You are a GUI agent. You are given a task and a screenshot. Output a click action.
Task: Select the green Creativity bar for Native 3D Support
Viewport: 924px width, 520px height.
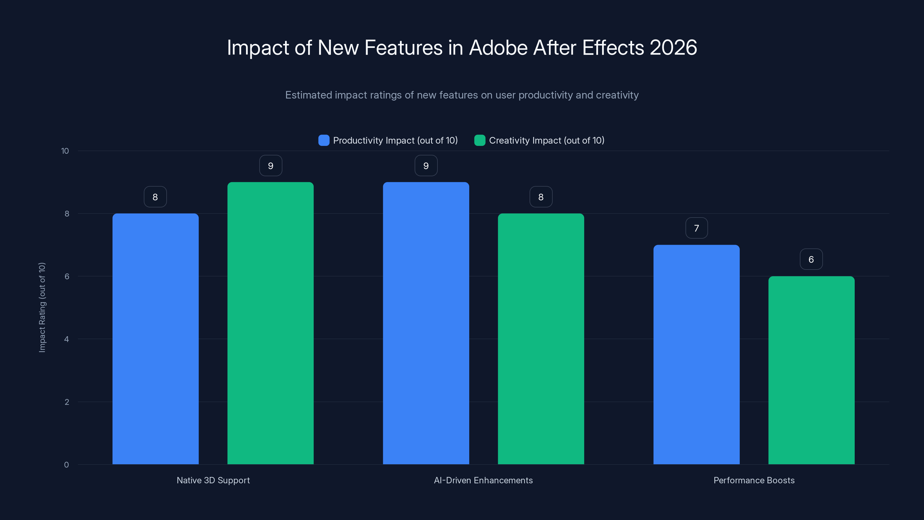pyautogui.click(x=271, y=323)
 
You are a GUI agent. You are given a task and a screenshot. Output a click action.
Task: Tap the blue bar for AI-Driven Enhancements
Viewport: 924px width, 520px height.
pyautogui.click(x=426, y=323)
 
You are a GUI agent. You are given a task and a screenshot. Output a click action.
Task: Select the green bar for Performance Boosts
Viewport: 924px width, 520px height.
pyautogui.click(x=811, y=370)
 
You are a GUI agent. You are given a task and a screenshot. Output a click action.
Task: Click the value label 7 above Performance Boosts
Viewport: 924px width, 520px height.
pyautogui.click(x=696, y=228)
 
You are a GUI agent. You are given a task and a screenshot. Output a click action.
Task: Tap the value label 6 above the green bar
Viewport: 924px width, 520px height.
pyautogui.click(x=811, y=259)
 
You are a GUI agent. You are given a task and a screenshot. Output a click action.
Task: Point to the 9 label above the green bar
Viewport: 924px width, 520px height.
pyautogui.click(x=271, y=166)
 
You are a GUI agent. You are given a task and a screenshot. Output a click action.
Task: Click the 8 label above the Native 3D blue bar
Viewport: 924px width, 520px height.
pyautogui.click(x=155, y=197)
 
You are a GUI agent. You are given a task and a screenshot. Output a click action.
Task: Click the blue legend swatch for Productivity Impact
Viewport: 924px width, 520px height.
pyautogui.click(x=323, y=140)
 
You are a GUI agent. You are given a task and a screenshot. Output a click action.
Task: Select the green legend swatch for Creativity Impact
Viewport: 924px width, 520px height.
pyautogui.click(x=480, y=140)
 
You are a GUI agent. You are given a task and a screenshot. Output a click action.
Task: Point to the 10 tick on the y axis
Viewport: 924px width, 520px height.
pyautogui.click(x=65, y=151)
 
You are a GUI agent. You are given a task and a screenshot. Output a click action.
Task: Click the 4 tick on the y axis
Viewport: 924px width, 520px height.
pyautogui.click(x=66, y=339)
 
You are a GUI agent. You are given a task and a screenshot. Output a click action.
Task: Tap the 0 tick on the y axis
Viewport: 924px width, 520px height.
pyautogui.click(x=66, y=465)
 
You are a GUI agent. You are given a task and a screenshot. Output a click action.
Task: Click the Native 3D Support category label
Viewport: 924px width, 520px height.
pyautogui.click(x=213, y=480)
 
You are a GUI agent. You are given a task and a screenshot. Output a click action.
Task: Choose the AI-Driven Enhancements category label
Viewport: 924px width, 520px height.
pyautogui.click(x=483, y=480)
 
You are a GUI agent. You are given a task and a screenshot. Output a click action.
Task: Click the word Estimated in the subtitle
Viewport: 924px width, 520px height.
pyautogui.click(x=308, y=95)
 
